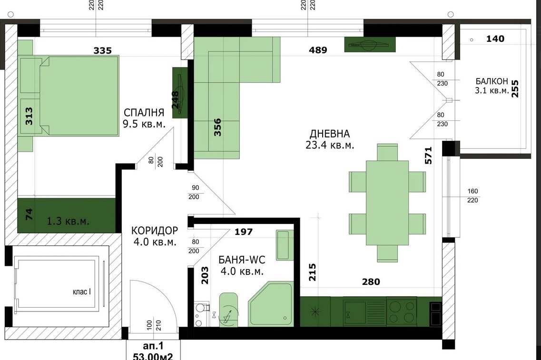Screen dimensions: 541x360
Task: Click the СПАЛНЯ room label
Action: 144,113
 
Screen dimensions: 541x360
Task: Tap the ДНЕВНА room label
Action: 329,134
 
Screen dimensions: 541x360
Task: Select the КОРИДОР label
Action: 155,230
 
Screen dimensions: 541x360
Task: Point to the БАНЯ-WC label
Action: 242,260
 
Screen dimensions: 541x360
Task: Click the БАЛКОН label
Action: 492,81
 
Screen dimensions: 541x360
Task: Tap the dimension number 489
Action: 318,50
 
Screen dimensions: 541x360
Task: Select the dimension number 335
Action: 102,51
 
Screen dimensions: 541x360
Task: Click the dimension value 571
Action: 428,156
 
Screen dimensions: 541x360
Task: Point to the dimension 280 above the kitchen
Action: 371,282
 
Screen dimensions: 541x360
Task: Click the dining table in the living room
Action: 387,203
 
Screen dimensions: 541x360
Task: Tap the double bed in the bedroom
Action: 79,96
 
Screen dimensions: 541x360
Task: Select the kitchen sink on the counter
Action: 354,311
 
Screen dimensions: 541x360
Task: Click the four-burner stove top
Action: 401,311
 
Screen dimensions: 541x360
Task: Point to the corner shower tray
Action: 271,304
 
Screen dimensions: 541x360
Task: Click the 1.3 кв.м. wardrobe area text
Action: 68,221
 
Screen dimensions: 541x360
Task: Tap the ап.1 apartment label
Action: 153,346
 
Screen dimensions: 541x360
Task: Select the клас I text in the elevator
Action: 82,292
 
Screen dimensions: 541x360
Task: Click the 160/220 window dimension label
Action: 472,195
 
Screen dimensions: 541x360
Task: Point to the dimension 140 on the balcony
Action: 495,39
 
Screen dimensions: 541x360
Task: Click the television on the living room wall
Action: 370,45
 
